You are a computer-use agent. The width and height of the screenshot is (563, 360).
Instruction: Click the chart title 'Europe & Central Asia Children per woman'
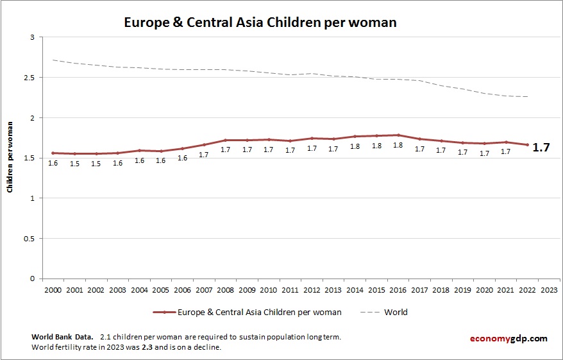tap(260, 22)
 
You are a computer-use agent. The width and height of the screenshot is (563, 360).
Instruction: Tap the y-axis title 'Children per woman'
tap(10, 159)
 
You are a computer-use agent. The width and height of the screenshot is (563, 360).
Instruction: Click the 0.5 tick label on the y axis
tap(29, 239)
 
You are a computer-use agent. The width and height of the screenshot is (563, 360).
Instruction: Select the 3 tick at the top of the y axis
tap(31, 38)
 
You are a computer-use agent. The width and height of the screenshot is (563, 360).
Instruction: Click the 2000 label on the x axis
tap(53, 289)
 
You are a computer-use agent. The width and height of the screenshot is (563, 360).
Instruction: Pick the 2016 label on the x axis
tap(398, 289)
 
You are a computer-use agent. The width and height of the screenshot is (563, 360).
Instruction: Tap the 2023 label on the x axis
tap(549, 289)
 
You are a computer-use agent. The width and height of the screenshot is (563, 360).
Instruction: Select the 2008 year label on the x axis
tap(225, 289)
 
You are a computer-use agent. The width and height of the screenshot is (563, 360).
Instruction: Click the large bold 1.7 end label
tap(542, 148)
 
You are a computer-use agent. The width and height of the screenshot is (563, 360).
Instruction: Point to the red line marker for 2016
tap(398, 135)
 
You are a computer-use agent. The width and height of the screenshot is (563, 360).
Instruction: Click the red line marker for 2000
tap(53, 153)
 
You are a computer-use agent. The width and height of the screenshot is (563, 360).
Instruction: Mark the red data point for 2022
tap(527, 145)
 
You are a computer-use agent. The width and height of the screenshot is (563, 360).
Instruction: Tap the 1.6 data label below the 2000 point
tap(53, 164)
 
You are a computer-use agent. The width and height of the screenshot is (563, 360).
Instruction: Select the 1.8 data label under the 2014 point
tap(355, 146)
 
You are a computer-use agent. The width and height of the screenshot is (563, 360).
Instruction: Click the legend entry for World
tap(395, 313)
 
